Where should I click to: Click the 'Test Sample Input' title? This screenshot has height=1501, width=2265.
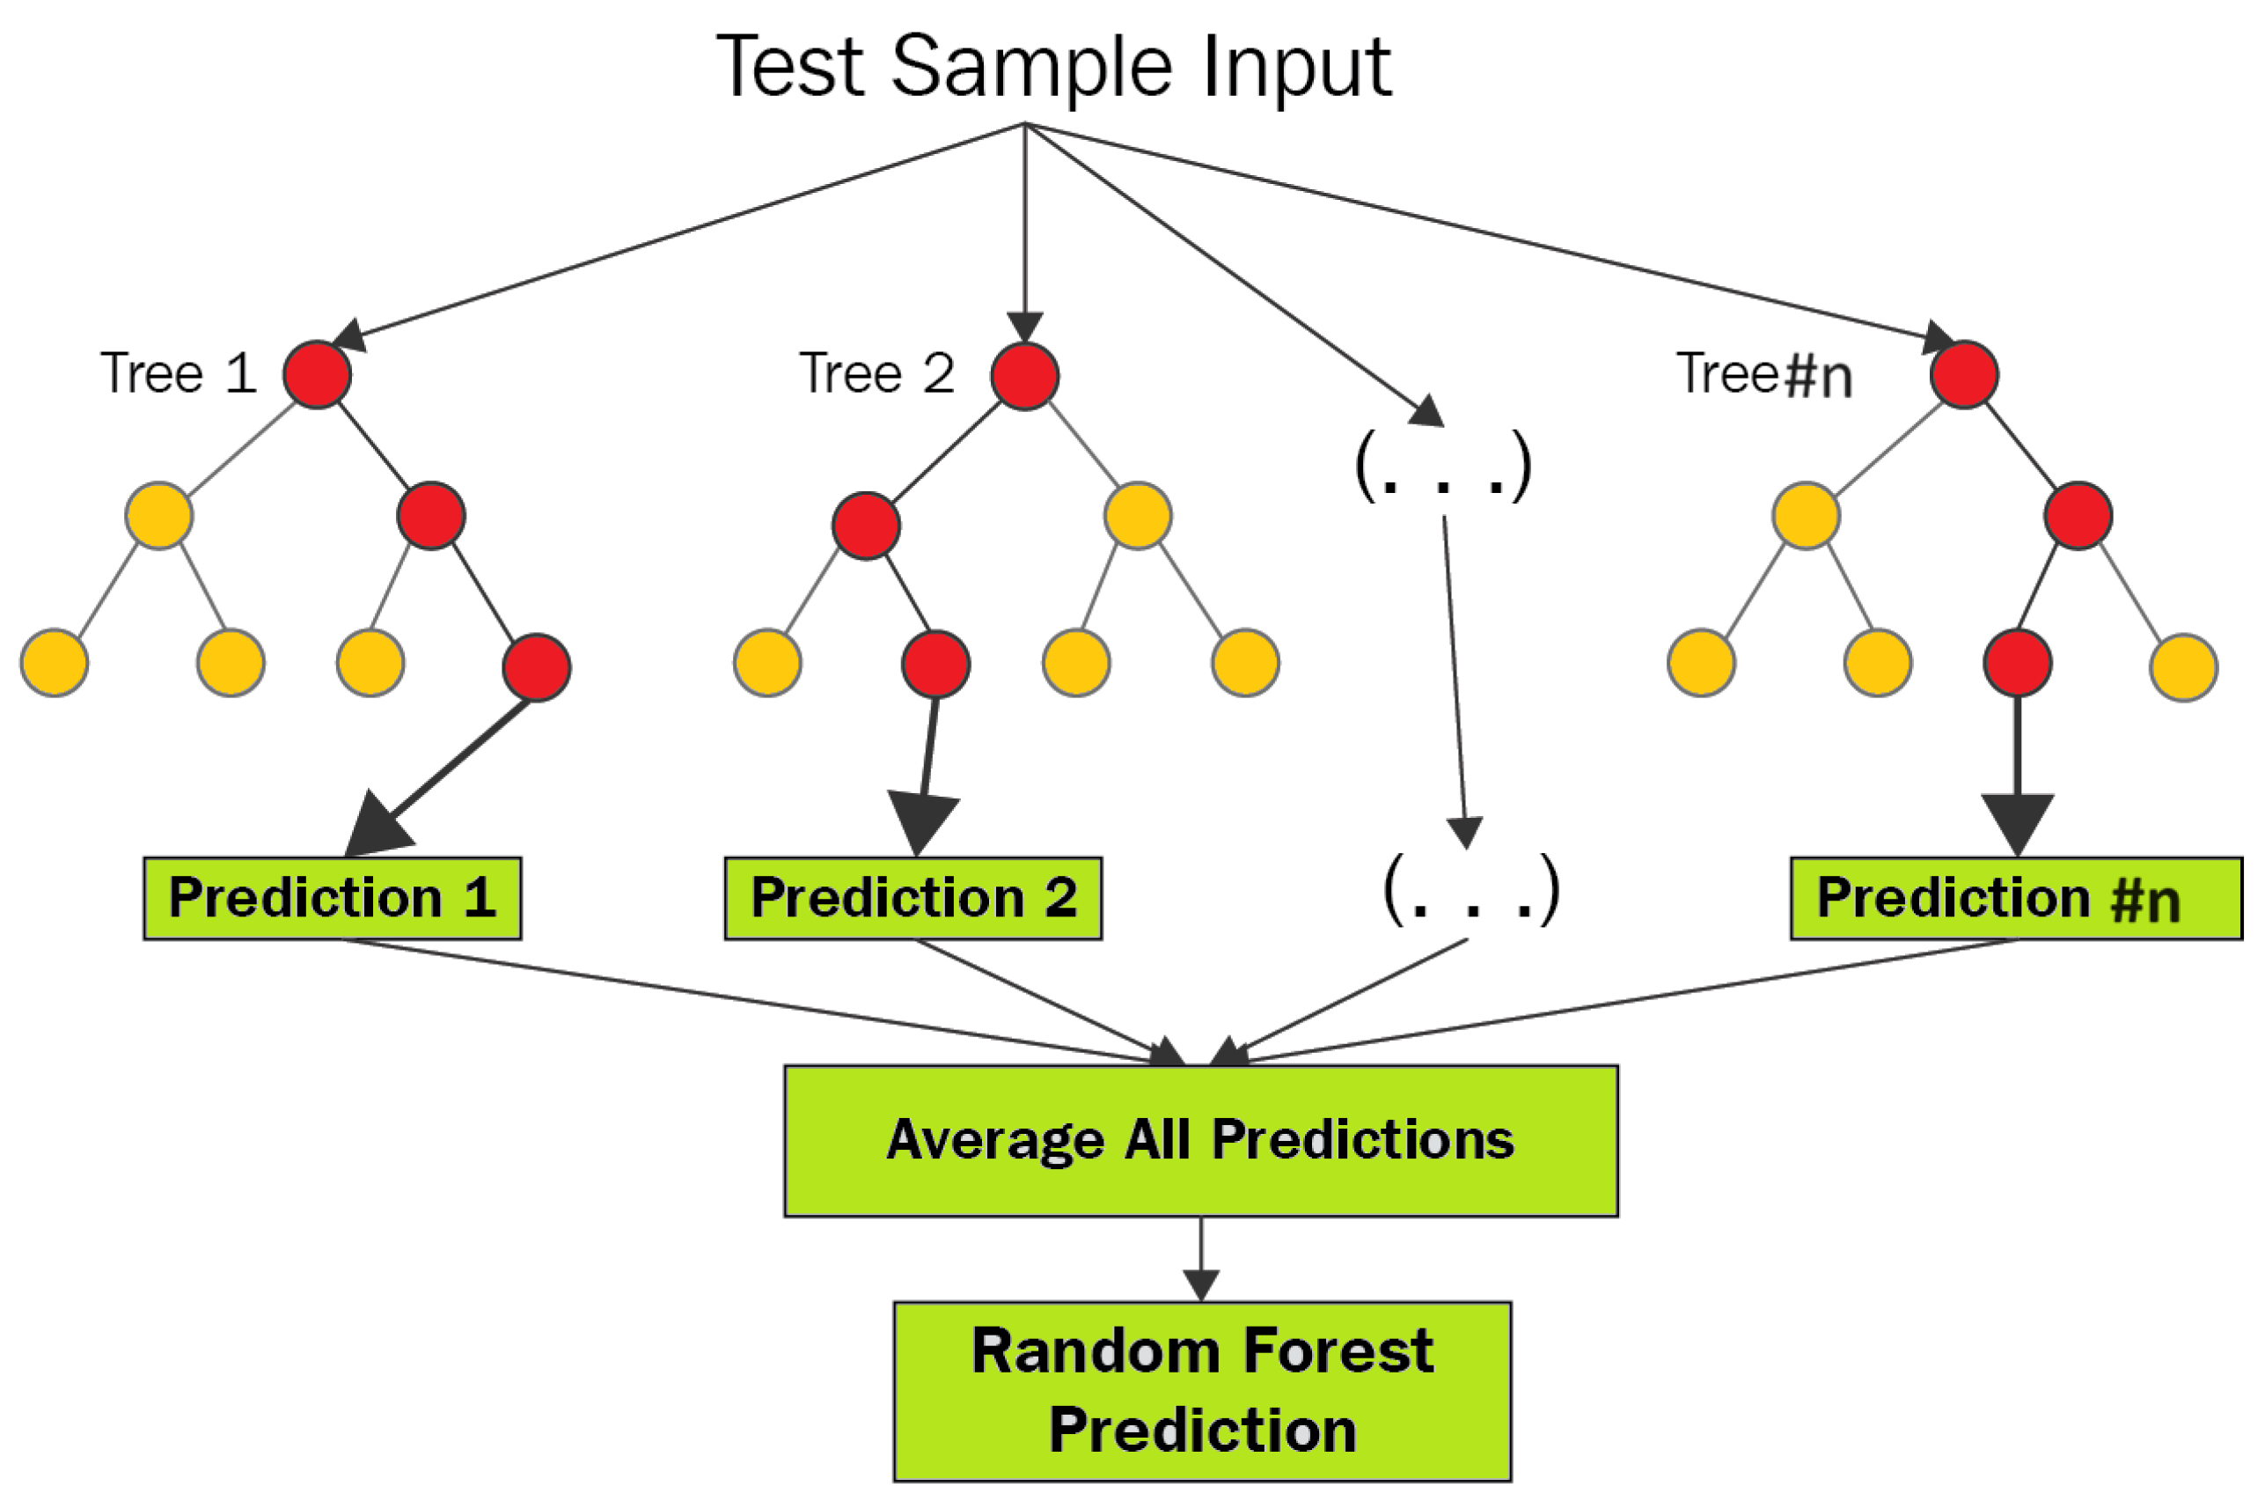[1052, 67]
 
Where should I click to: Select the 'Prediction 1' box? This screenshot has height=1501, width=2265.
[332, 898]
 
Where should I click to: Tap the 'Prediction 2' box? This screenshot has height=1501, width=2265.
[913, 898]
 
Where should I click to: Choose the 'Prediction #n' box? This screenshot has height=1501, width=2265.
[2015, 898]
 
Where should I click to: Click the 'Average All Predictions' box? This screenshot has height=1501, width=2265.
[1200, 1140]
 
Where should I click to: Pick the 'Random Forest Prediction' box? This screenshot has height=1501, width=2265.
[1202, 1391]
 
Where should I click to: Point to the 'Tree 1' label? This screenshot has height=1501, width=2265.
[178, 373]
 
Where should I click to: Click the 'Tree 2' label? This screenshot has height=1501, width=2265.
[876, 373]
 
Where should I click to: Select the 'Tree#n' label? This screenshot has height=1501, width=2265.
[1763, 373]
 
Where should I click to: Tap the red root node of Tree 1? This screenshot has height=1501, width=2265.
[317, 374]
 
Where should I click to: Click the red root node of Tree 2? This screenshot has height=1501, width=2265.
[1024, 375]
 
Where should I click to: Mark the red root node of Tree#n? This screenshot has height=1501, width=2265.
[1963, 374]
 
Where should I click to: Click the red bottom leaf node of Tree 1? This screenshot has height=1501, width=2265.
[536, 667]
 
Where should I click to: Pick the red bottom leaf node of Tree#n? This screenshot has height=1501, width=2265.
[2017, 662]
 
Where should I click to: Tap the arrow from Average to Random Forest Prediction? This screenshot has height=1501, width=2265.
[1200, 1259]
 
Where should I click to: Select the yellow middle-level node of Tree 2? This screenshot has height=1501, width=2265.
[1137, 516]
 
